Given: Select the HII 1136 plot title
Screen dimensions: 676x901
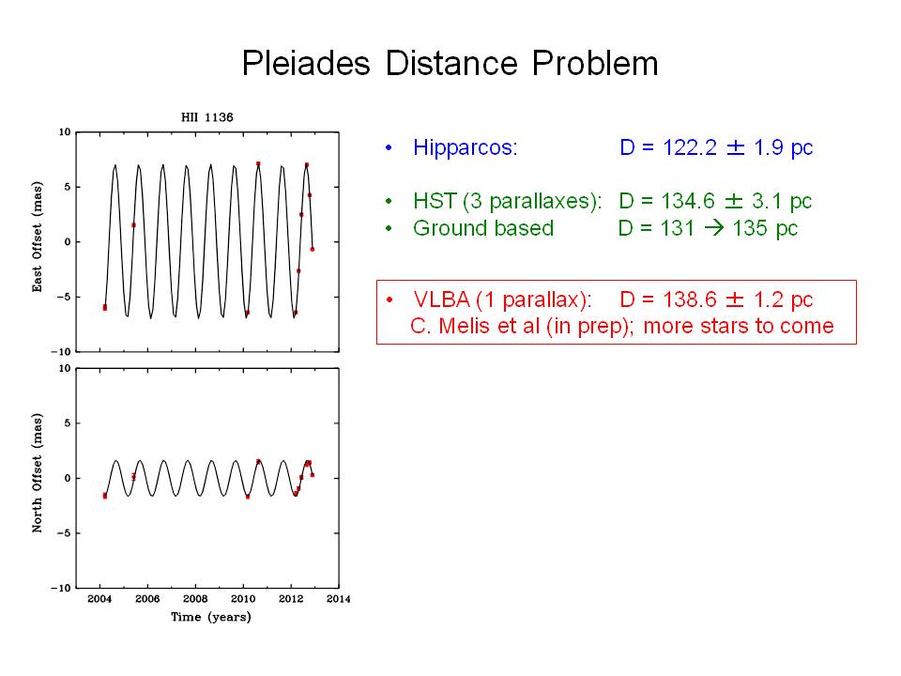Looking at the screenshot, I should [207, 118].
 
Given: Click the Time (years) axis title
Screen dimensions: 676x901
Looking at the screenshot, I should [210, 617].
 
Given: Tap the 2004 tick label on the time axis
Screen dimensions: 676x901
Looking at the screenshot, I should [100, 599].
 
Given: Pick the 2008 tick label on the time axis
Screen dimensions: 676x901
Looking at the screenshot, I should [195, 599].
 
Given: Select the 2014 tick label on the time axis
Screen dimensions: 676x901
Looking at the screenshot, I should [338, 599].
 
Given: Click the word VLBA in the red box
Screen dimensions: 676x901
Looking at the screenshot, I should [441, 300].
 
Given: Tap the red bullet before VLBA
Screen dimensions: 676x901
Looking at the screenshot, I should [389, 300].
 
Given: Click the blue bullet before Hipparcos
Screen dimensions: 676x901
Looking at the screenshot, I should [389, 148].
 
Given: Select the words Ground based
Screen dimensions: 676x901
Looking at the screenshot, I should [483, 228].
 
